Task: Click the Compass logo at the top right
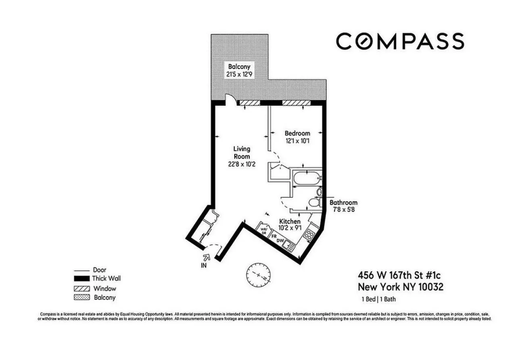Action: click(x=400, y=41)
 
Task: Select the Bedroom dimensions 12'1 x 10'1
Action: click(x=297, y=141)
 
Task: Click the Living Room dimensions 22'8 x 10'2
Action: click(x=242, y=164)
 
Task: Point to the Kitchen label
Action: click(x=290, y=222)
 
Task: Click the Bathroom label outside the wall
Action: click(x=343, y=203)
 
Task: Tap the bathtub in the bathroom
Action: click(x=307, y=178)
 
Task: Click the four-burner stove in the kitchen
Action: click(x=309, y=235)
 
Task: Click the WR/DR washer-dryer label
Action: click(x=264, y=231)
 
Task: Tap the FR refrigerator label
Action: click(x=274, y=236)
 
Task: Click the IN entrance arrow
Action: click(x=208, y=257)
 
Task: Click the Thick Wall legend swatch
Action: click(x=81, y=278)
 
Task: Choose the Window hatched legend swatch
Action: click(x=81, y=289)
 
